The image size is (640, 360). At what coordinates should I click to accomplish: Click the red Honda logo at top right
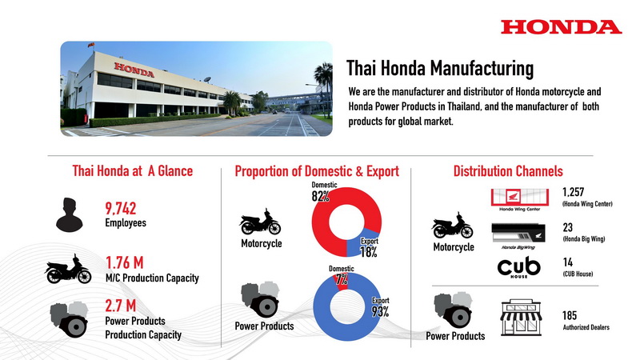click(562, 27)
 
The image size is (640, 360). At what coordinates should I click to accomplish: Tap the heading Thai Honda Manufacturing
click(440, 68)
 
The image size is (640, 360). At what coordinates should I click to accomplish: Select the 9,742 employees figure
click(121, 208)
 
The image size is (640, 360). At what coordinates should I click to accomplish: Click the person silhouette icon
click(70, 214)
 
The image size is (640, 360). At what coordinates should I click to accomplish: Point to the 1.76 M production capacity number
click(125, 262)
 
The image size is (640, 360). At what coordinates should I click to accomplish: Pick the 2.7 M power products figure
click(121, 306)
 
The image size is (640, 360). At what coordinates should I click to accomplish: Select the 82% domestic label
click(321, 197)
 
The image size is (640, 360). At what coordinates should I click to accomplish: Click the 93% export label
click(380, 312)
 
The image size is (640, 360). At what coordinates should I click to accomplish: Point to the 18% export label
click(369, 252)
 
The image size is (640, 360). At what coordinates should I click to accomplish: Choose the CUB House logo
click(518, 267)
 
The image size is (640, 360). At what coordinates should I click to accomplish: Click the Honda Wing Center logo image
click(519, 199)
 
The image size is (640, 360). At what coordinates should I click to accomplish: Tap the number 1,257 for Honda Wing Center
click(573, 192)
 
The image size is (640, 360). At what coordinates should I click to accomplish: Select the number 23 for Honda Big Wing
click(567, 227)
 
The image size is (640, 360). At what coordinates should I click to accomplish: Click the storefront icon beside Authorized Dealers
click(521, 318)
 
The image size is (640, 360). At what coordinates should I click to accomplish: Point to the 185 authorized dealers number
click(570, 315)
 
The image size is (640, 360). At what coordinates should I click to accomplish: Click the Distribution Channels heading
click(508, 171)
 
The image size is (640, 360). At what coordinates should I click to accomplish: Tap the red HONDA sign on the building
click(134, 70)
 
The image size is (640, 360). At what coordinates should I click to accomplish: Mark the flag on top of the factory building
click(91, 45)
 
